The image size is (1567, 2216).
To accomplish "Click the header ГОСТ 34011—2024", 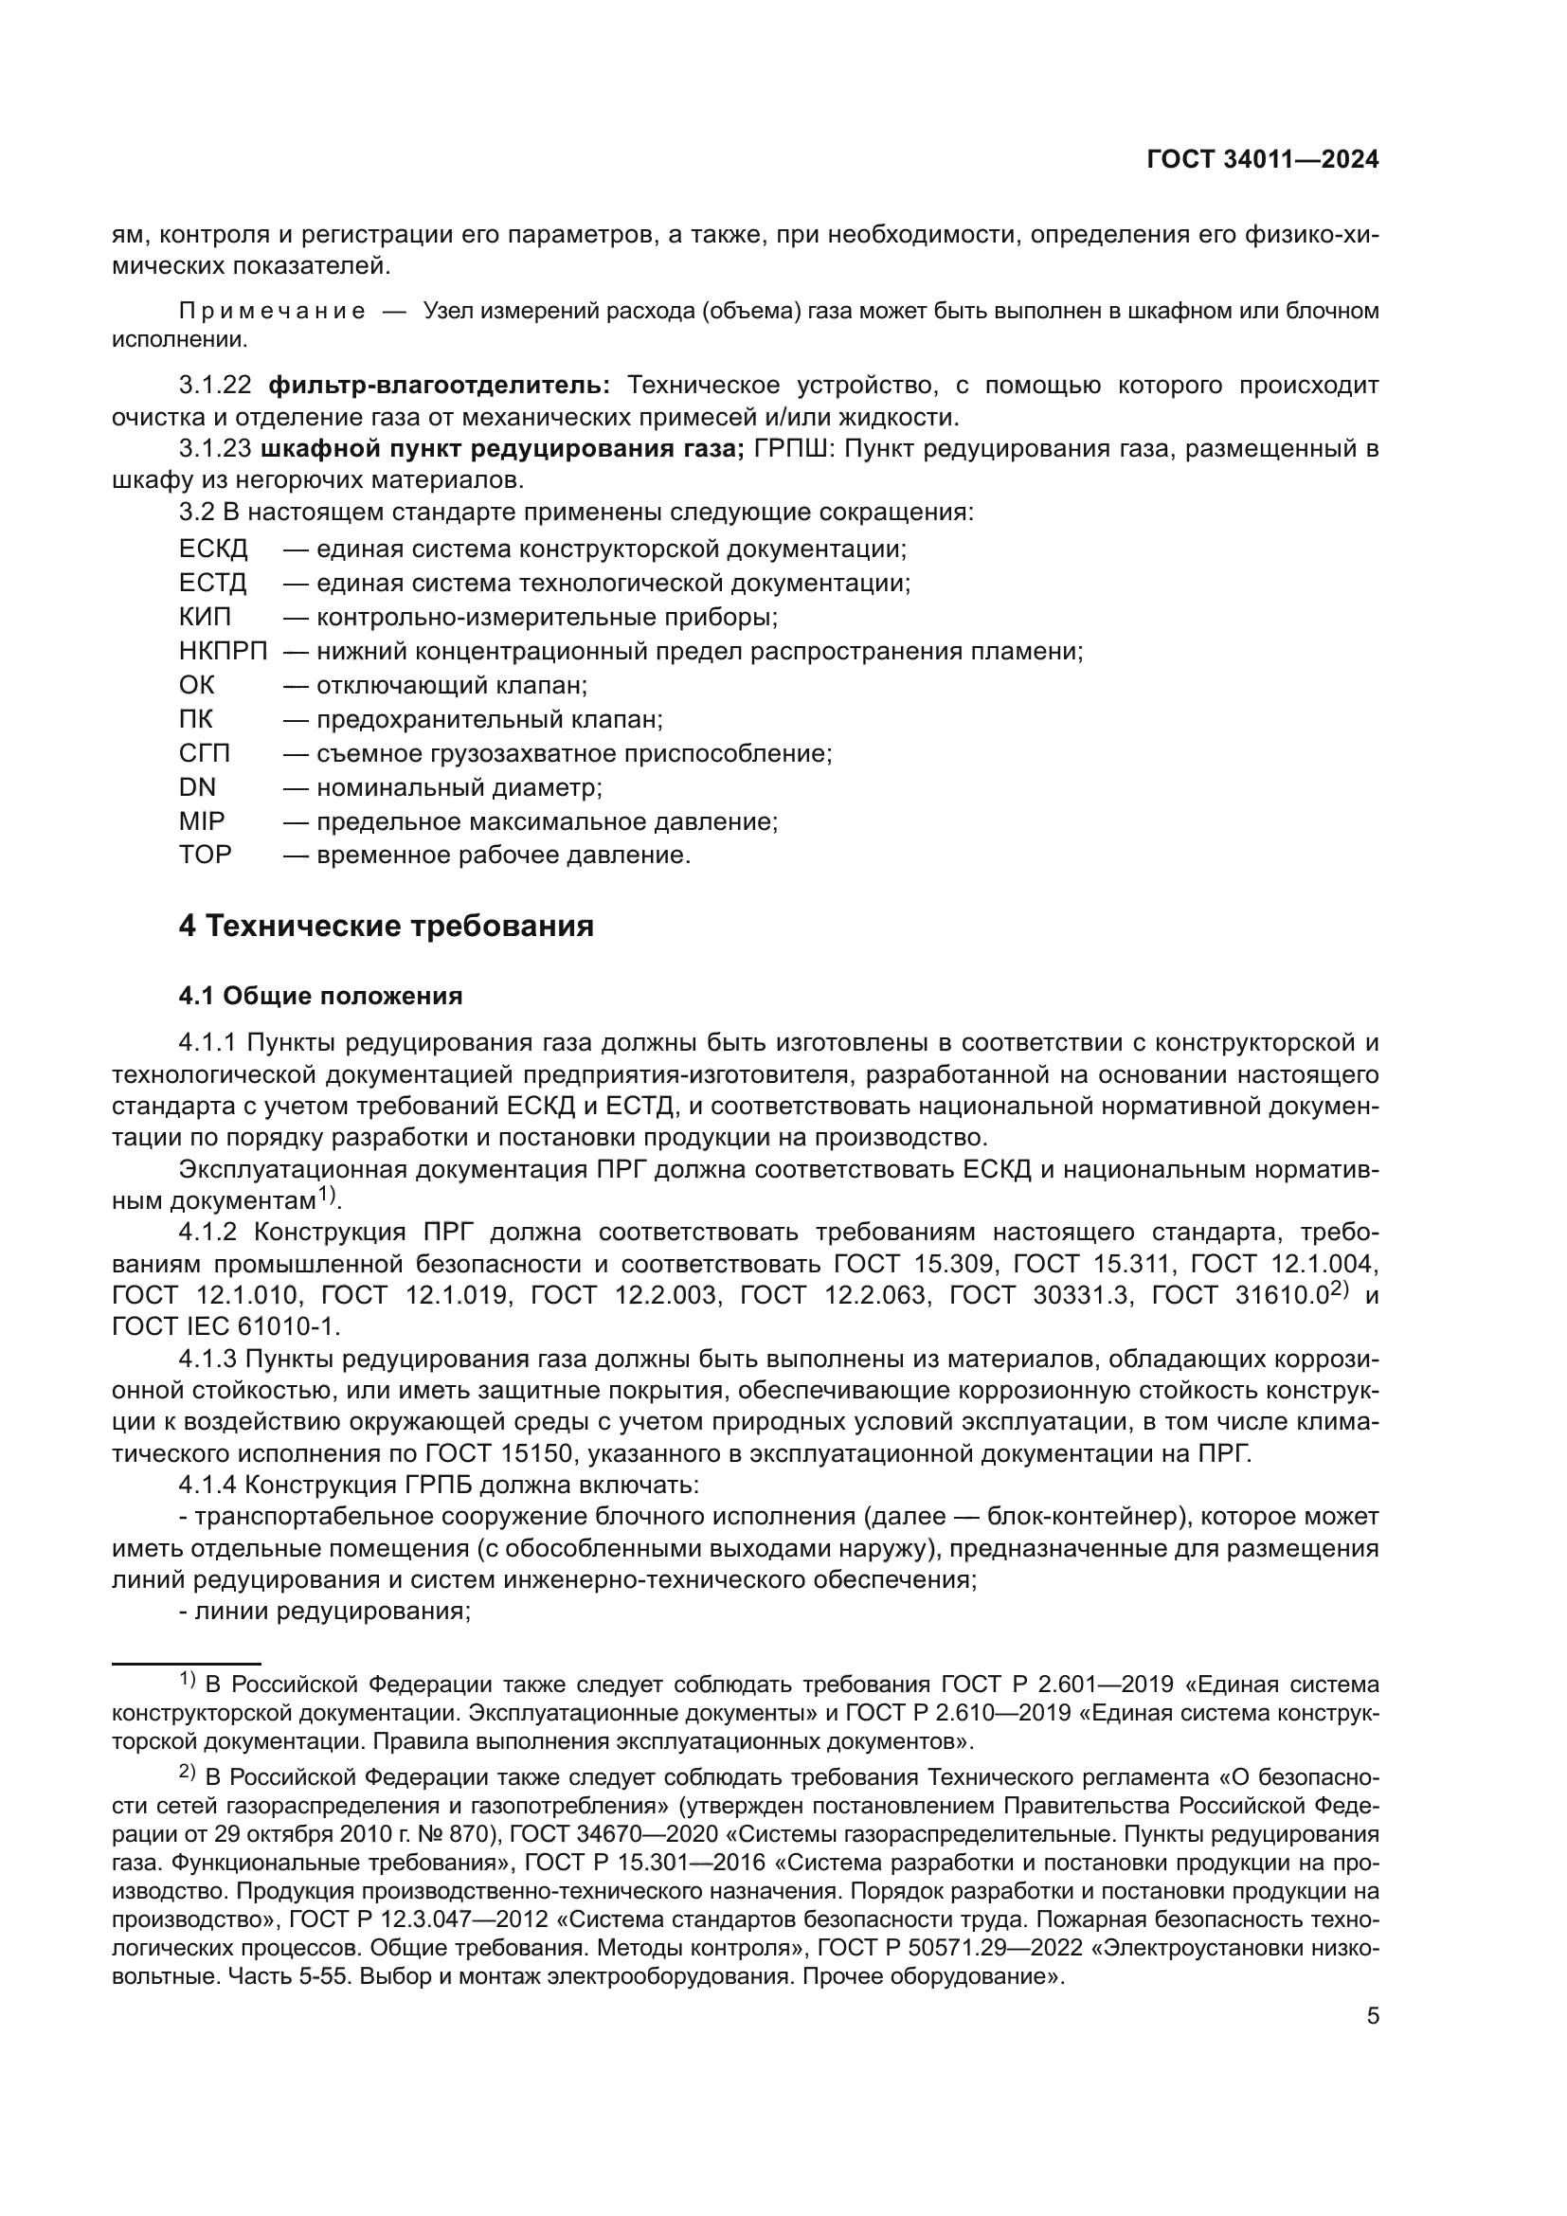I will point(1262,160).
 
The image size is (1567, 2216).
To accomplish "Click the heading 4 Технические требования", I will point(386,927).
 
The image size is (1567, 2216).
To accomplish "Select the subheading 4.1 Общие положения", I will point(320,996).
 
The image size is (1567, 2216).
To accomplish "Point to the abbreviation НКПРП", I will point(223,652).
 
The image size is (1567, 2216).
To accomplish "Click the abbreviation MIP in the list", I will point(202,821).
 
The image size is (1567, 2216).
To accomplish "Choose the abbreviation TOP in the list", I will point(205,856).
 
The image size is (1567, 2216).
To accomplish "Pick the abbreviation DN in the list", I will point(197,787).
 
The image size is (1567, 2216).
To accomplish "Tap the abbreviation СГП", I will point(205,753).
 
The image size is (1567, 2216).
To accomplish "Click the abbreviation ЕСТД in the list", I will point(212,583).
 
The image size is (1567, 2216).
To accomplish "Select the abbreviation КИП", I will point(205,617).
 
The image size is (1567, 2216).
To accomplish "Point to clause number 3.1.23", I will point(214,450).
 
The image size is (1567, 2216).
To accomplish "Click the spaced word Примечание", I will point(272,312).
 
